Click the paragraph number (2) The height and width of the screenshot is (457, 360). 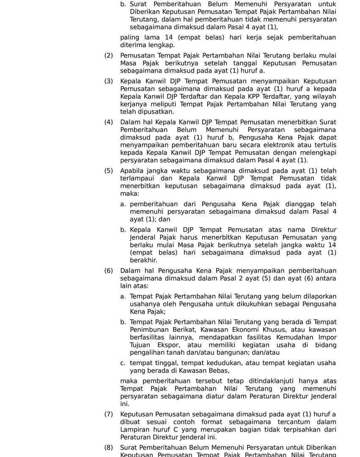(x=109, y=55)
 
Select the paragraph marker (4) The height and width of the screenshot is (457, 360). (x=109, y=122)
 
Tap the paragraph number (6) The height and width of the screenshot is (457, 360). (x=109, y=271)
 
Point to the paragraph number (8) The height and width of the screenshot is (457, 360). (x=109, y=448)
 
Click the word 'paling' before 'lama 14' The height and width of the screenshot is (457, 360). (x=129, y=38)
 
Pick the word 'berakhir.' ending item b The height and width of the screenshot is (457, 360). (x=143, y=261)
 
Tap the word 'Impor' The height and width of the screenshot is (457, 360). (x=328, y=338)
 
